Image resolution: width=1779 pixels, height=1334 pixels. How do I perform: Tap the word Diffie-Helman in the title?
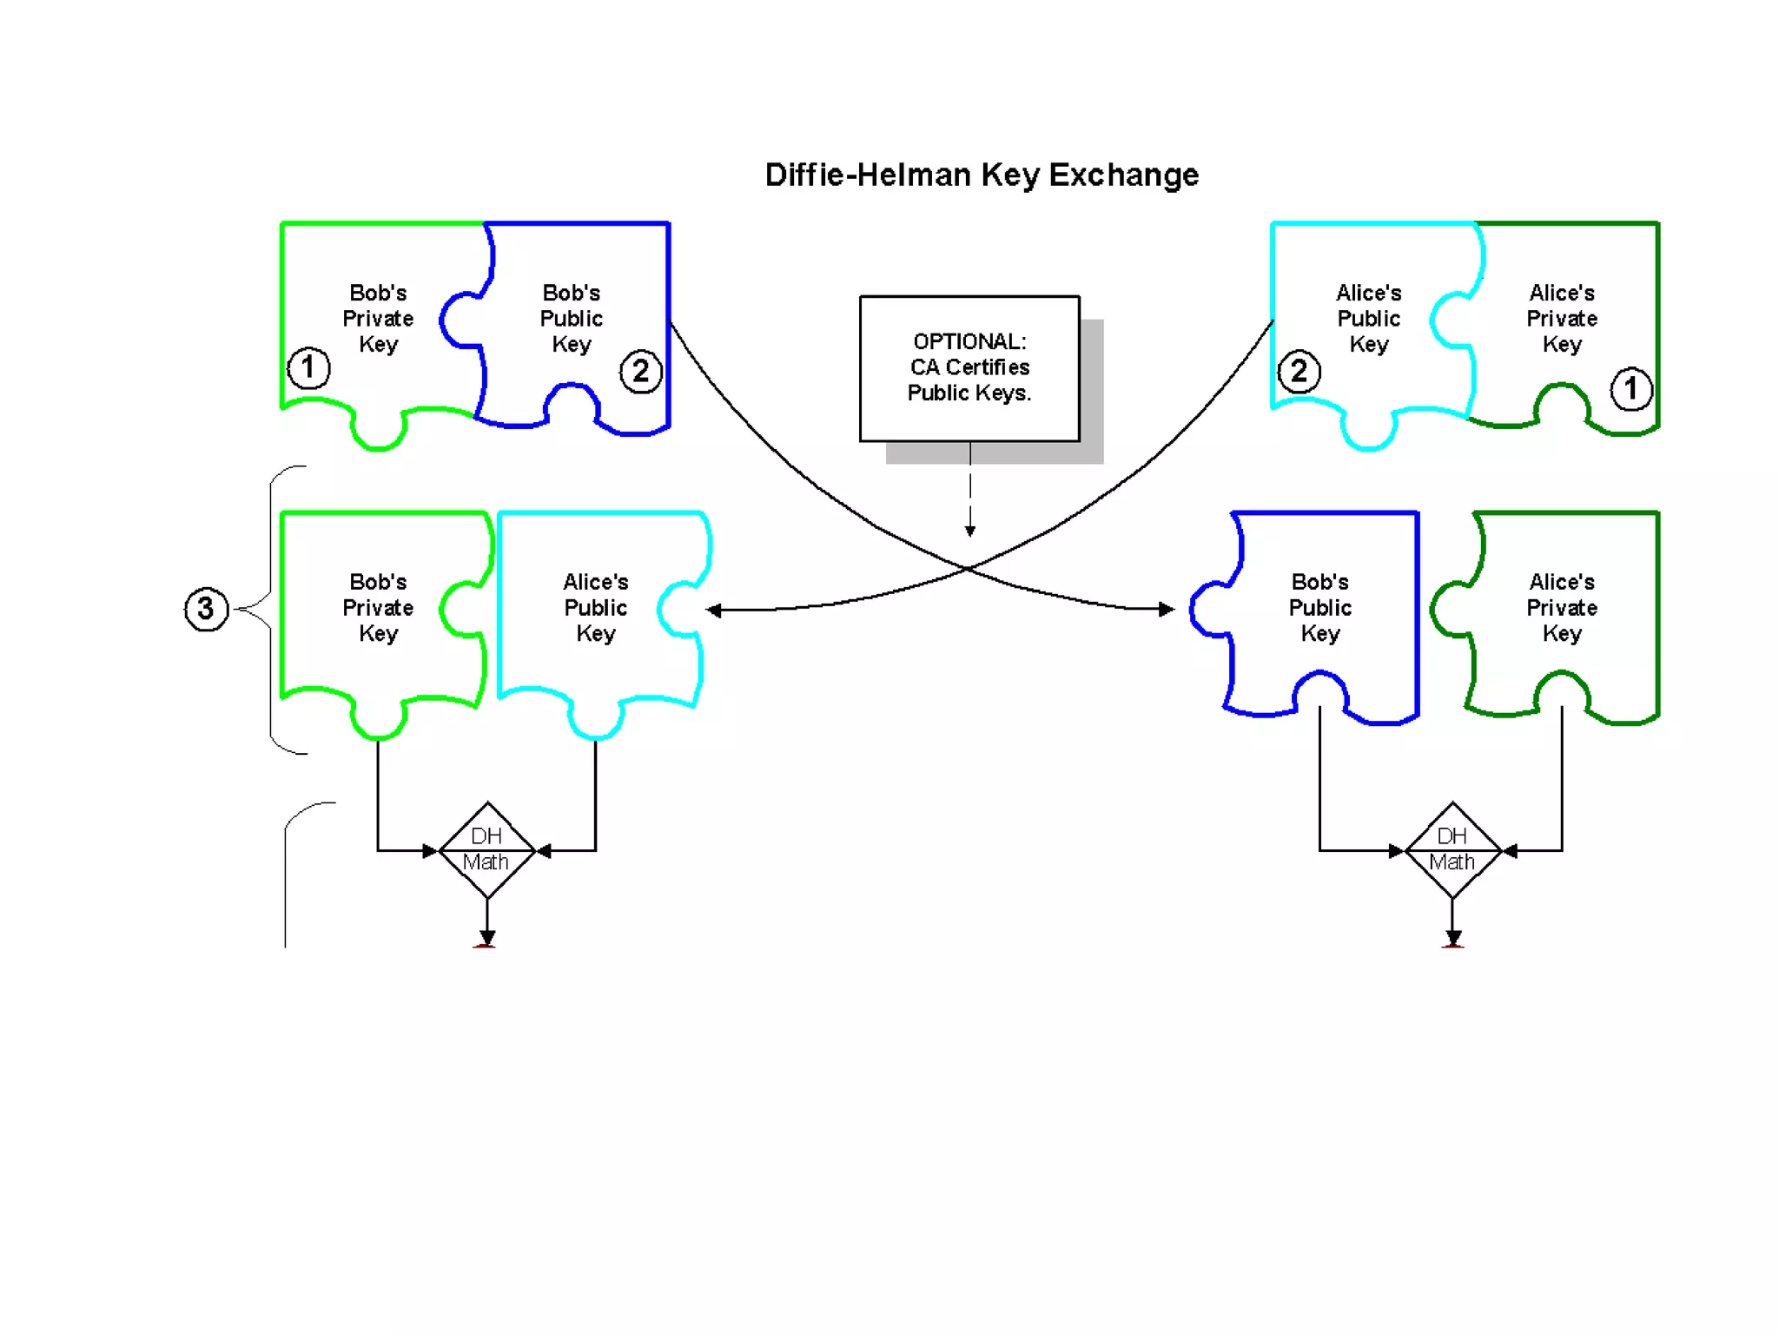tap(868, 175)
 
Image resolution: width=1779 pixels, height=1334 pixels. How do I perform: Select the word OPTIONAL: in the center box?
tap(969, 341)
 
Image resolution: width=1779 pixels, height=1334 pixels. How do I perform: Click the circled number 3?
tap(206, 608)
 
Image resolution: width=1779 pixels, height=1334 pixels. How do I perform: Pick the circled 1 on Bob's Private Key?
tap(308, 367)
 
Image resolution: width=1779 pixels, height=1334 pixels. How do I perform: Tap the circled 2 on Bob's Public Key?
tap(640, 372)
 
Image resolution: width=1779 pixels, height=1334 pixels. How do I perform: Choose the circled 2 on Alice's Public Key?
tap(1299, 372)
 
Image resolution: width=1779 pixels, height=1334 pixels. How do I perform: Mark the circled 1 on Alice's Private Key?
tap(1630, 388)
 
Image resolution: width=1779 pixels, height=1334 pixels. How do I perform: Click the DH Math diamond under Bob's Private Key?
tap(486, 849)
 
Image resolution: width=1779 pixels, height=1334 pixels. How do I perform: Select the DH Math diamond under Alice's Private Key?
tap(1452, 849)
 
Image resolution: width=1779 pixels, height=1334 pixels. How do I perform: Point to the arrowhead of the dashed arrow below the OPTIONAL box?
tap(970, 531)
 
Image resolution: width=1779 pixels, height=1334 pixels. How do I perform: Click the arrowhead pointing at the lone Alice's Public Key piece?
tap(714, 611)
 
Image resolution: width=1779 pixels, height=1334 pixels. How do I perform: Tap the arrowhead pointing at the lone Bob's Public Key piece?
tap(1167, 609)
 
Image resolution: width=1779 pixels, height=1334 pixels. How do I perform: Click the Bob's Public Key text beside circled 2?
tap(571, 318)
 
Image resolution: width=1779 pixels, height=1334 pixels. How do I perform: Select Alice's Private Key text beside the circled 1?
tap(1561, 318)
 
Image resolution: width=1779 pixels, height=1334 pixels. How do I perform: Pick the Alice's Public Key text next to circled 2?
tap(1368, 318)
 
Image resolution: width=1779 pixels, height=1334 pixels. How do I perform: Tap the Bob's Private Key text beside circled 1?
tap(378, 318)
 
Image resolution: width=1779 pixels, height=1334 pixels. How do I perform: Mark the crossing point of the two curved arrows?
tap(967, 568)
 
